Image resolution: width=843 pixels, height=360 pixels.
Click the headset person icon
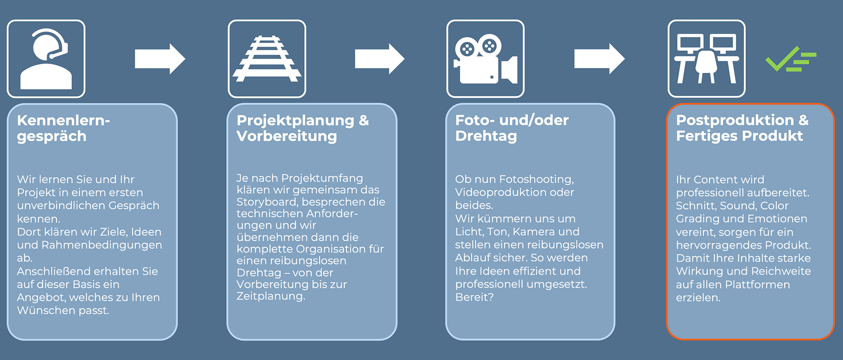[x=46, y=59]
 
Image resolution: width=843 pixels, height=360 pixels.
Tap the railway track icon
[x=267, y=59]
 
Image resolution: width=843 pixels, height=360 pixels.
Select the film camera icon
[x=485, y=59]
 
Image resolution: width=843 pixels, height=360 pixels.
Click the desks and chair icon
[x=706, y=59]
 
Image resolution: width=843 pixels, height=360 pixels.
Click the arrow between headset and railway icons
[x=160, y=59]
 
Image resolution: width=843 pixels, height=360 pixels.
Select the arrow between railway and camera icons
[x=379, y=59]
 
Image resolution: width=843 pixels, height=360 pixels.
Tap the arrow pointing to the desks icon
[x=599, y=59]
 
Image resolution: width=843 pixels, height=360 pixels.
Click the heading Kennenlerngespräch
[x=63, y=128]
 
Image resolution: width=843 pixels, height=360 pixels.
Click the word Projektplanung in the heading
[x=295, y=120]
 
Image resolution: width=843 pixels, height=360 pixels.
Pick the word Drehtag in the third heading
[x=486, y=136]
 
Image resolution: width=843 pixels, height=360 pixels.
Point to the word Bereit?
[x=474, y=297]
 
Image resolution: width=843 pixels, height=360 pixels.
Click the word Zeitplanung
[x=270, y=296]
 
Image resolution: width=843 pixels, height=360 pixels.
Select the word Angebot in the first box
[x=41, y=298]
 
